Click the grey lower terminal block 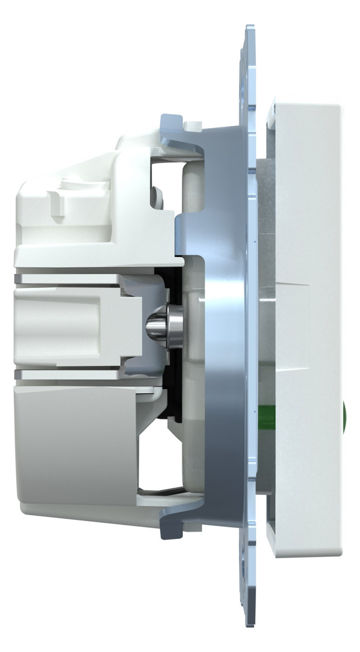73,442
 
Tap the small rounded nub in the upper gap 158,196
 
